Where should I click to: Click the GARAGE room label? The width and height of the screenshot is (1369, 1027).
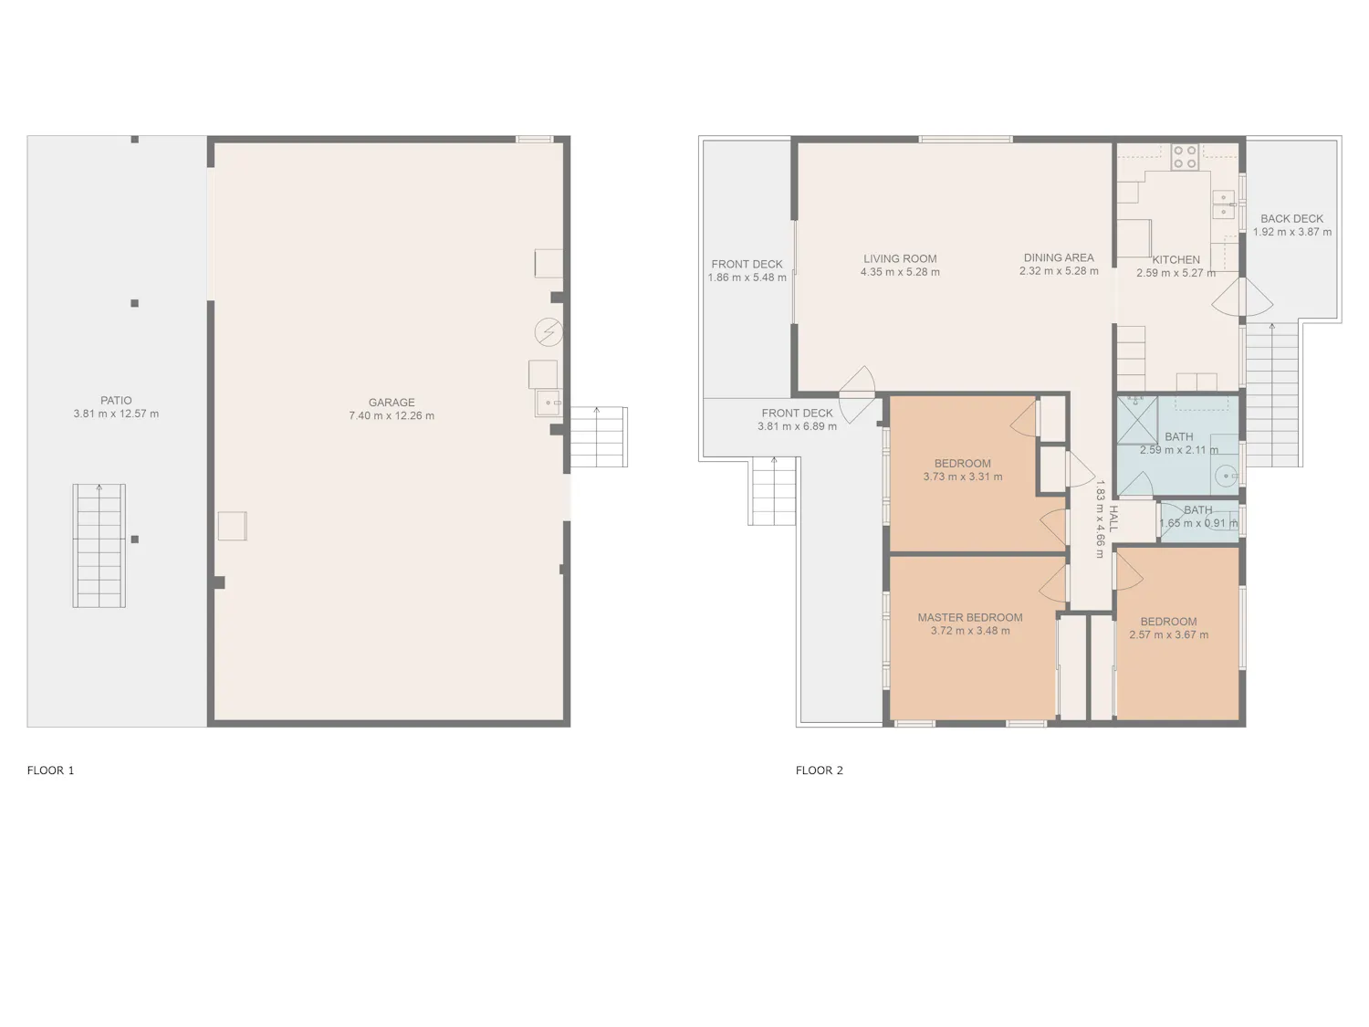[x=391, y=403]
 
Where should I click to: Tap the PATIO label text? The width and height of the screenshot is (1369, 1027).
[x=116, y=401]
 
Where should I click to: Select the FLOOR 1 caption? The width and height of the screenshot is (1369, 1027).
[x=50, y=770]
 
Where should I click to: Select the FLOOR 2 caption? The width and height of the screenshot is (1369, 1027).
[x=819, y=770]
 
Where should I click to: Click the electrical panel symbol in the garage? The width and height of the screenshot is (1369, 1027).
[x=549, y=331]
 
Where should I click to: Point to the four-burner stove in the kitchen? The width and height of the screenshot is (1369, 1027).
[x=1185, y=156]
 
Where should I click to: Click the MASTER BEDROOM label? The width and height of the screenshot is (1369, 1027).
[x=970, y=617]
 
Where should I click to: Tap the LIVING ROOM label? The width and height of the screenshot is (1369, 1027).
[x=900, y=258]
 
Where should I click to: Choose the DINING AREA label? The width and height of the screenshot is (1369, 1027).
[x=1059, y=257]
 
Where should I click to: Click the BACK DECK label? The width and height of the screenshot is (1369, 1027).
[x=1291, y=219]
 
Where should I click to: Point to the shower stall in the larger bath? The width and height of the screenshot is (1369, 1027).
[x=1137, y=420]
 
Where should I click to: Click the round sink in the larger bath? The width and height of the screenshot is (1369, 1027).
[x=1227, y=477]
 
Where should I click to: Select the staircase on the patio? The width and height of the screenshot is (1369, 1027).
[x=99, y=546]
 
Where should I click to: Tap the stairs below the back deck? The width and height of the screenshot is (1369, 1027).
[x=1272, y=395]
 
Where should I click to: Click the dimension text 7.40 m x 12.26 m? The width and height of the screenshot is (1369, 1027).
[x=391, y=416]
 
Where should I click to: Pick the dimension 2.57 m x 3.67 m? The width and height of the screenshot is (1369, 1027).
[x=1168, y=634]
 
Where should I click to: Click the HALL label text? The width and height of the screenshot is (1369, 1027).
[x=1113, y=519]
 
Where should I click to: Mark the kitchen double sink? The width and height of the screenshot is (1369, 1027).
[x=1224, y=205]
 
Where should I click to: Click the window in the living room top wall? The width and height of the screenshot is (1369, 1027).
[x=966, y=139]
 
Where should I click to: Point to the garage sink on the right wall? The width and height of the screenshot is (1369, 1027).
[x=549, y=403]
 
